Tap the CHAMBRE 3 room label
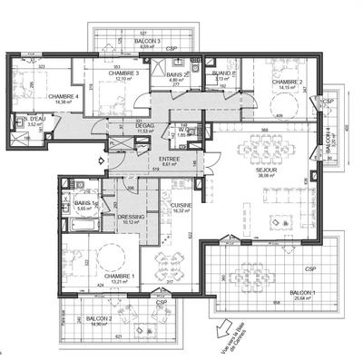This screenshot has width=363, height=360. coord(124,73)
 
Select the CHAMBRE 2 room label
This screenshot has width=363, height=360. coord(288,81)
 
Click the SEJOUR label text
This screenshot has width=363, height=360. coord(266,170)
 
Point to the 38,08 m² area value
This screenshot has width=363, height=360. coord(266,177)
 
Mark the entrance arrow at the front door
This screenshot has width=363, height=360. coord(87,157)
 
